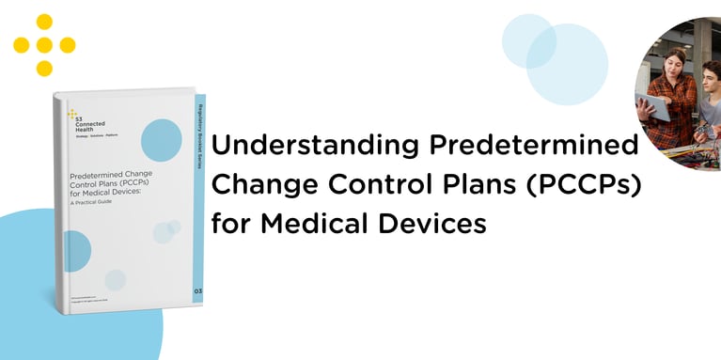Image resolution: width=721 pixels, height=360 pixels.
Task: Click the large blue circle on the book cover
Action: (161, 140)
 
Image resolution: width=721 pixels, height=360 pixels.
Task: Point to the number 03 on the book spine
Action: (196, 292)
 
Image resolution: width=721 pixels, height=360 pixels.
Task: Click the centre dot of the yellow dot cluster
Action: (44, 45)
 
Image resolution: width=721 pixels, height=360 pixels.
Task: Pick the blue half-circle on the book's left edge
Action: (77, 251)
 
